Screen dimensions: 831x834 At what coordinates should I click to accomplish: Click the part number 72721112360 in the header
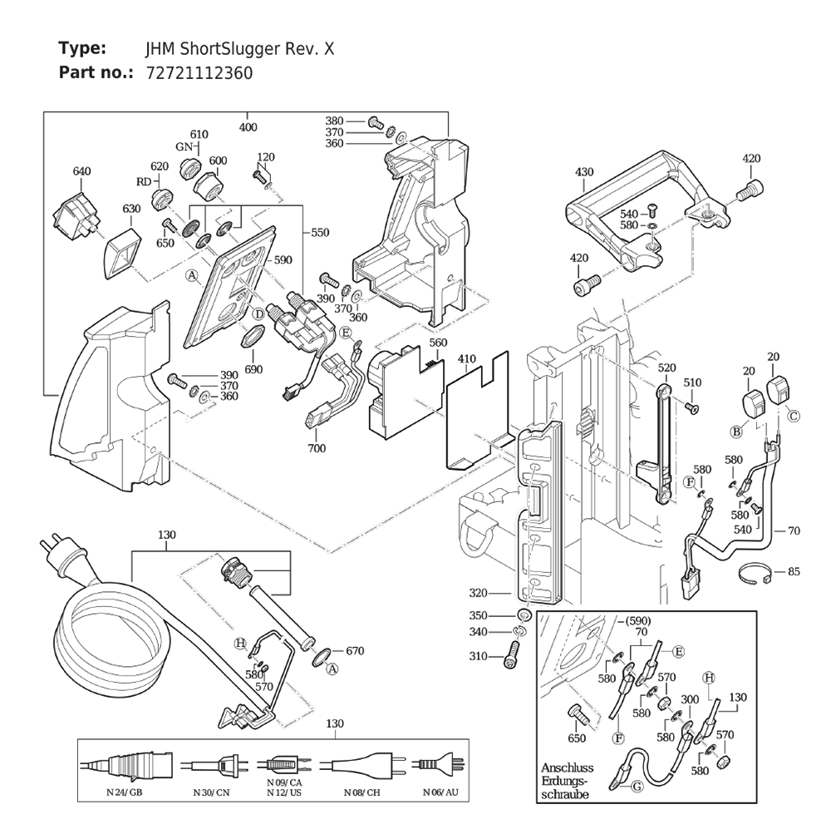point(199,73)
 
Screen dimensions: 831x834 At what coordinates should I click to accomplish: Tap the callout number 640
point(82,171)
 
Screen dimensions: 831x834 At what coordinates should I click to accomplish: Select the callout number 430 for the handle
point(584,172)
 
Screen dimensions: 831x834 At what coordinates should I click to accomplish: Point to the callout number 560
point(438,343)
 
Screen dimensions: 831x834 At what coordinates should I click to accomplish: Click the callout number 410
point(467,359)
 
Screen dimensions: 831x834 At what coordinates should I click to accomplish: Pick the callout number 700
point(317,448)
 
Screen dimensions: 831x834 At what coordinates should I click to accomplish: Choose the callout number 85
point(794,572)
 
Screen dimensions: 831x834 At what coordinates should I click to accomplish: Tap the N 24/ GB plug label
point(125,792)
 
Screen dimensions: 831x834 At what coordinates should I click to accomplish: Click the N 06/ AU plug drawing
point(439,765)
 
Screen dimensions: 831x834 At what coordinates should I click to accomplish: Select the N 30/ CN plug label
point(212,792)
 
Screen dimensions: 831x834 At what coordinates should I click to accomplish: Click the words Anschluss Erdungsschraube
point(567,782)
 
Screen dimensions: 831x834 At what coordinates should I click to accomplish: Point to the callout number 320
point(478,593)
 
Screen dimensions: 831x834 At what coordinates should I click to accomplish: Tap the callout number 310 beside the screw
point(478,656)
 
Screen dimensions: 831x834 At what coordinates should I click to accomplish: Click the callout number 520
point(666,368)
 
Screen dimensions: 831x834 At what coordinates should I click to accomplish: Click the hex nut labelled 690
point(253,338)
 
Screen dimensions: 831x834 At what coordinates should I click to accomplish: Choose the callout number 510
point(692,382)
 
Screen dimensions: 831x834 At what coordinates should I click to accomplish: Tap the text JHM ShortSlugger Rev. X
point(240,49)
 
